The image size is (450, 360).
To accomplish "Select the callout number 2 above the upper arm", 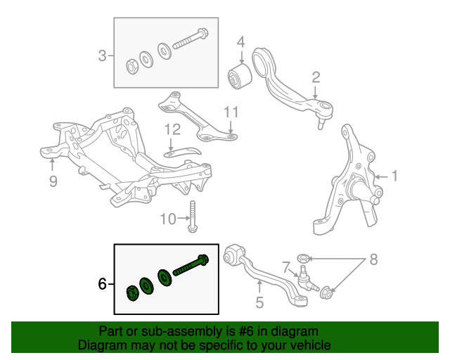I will (x=316, y=77).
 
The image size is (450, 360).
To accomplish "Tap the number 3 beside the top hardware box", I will (x=103, y=55).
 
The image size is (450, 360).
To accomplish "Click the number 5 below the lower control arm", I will (x=259, y=304).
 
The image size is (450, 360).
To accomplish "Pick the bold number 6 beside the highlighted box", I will (x=103, y=285).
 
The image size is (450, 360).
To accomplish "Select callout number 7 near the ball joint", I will (x=286, y=266).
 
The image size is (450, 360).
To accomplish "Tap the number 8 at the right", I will (x=373, y=259).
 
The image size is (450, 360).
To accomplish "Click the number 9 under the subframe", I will (x=53, y=182).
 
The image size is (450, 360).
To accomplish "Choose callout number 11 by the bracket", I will (x=231, y=112).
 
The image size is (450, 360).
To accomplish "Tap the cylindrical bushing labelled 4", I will (x=240, y=76).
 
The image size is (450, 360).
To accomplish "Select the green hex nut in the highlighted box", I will (x=130, y=292).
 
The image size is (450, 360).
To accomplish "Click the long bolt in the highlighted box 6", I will (x=188, y=266).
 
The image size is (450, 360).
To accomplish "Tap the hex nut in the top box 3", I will (x=131, y=67).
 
